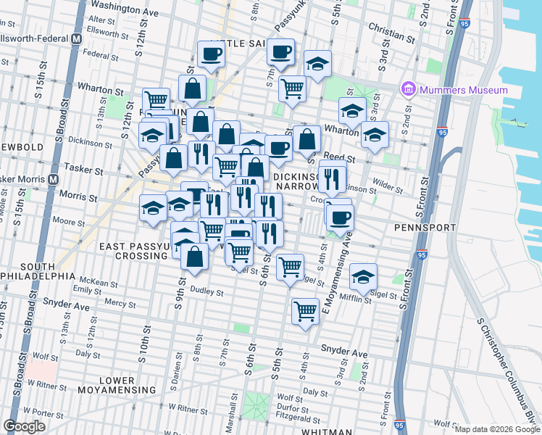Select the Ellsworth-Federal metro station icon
(x=76, y=38)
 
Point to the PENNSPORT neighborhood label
(x=425, y=228)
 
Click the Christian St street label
(x=391, y=34)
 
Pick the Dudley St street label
(x=206, y=291)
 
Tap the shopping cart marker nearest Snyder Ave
(x=306, y=311)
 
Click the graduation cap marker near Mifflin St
(x=364, y=276)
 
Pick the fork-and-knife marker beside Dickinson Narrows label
(x=333, y=177)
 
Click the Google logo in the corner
(x=25, y=426)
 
